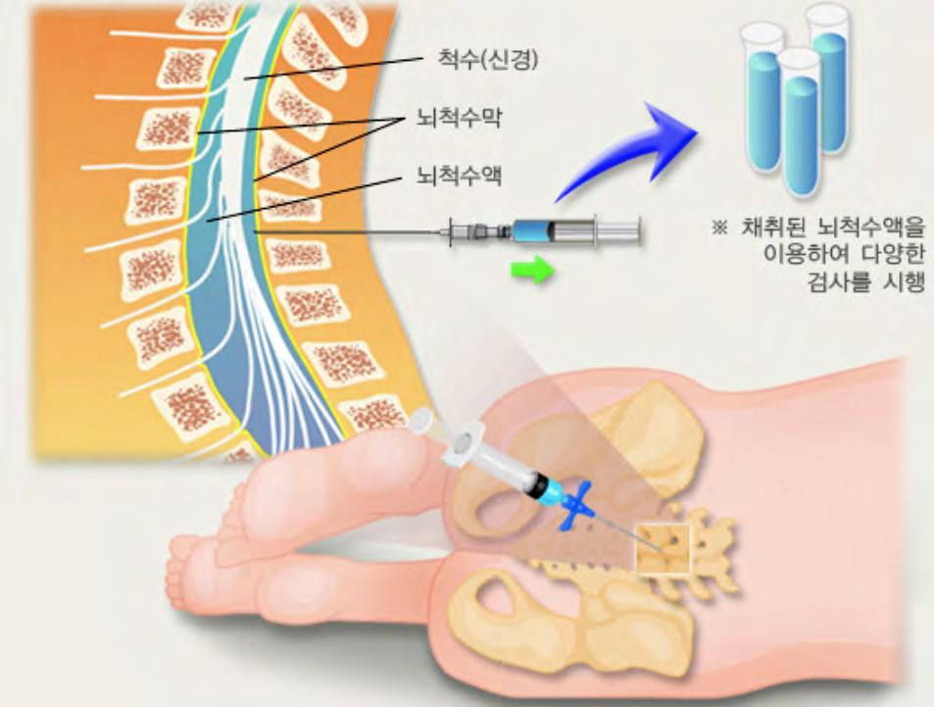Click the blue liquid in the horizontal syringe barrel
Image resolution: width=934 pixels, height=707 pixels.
click(530, 232)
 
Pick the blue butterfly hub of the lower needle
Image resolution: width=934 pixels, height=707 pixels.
click(577, 506)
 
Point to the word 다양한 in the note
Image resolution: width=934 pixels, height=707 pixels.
click(886, 257)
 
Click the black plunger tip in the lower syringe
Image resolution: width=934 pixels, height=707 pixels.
click(537, 484)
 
